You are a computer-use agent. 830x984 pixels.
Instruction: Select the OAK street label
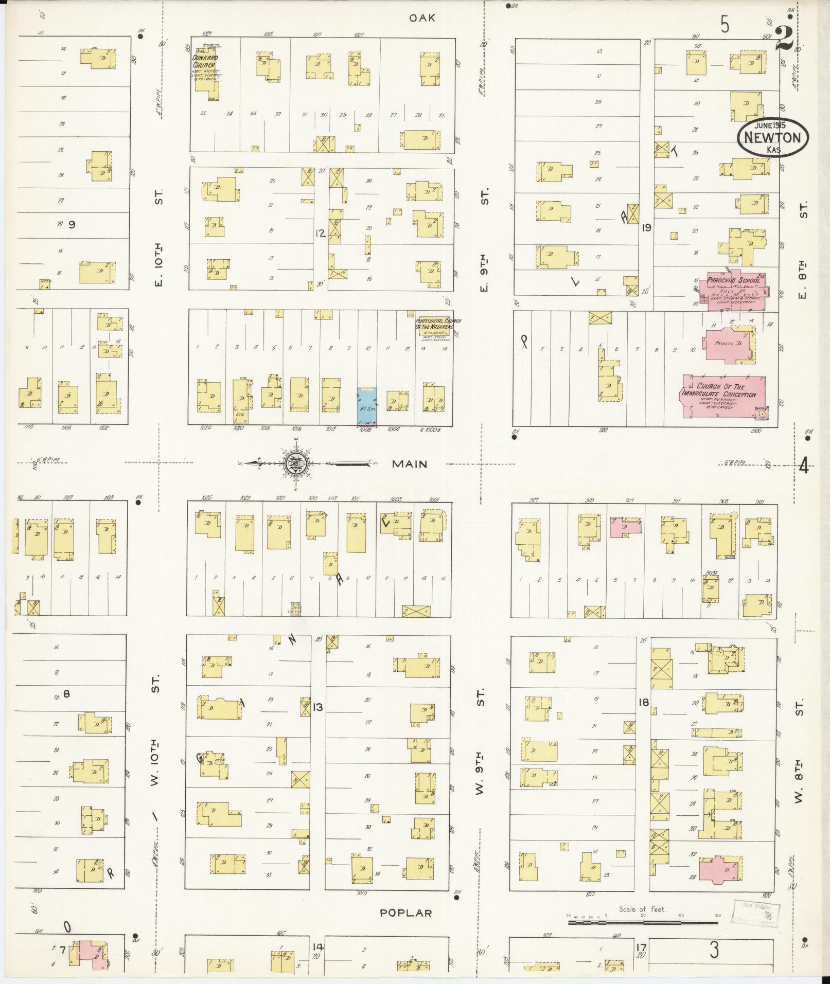click(422, 18)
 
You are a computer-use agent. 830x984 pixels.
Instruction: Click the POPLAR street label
click(405, 913)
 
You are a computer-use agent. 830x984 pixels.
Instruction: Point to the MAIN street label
click(409, 464)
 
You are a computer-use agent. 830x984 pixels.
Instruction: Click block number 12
click(321, 234)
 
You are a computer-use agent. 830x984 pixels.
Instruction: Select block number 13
click(317, 707)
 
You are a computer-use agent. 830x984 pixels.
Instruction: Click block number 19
click(646, 227)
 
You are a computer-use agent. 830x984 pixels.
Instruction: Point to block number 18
click(643, 702)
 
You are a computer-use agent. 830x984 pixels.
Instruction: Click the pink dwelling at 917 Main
click(626, 528)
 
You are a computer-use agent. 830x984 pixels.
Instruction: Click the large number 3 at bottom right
click(714, 951)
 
